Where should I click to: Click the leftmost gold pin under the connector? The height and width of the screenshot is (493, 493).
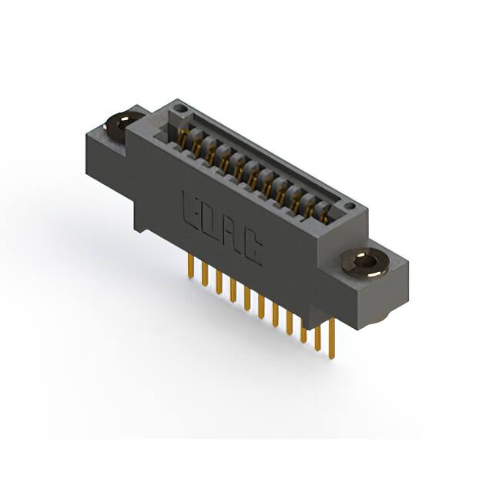[189, 268]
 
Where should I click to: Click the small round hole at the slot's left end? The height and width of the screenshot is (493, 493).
[179, 112]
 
